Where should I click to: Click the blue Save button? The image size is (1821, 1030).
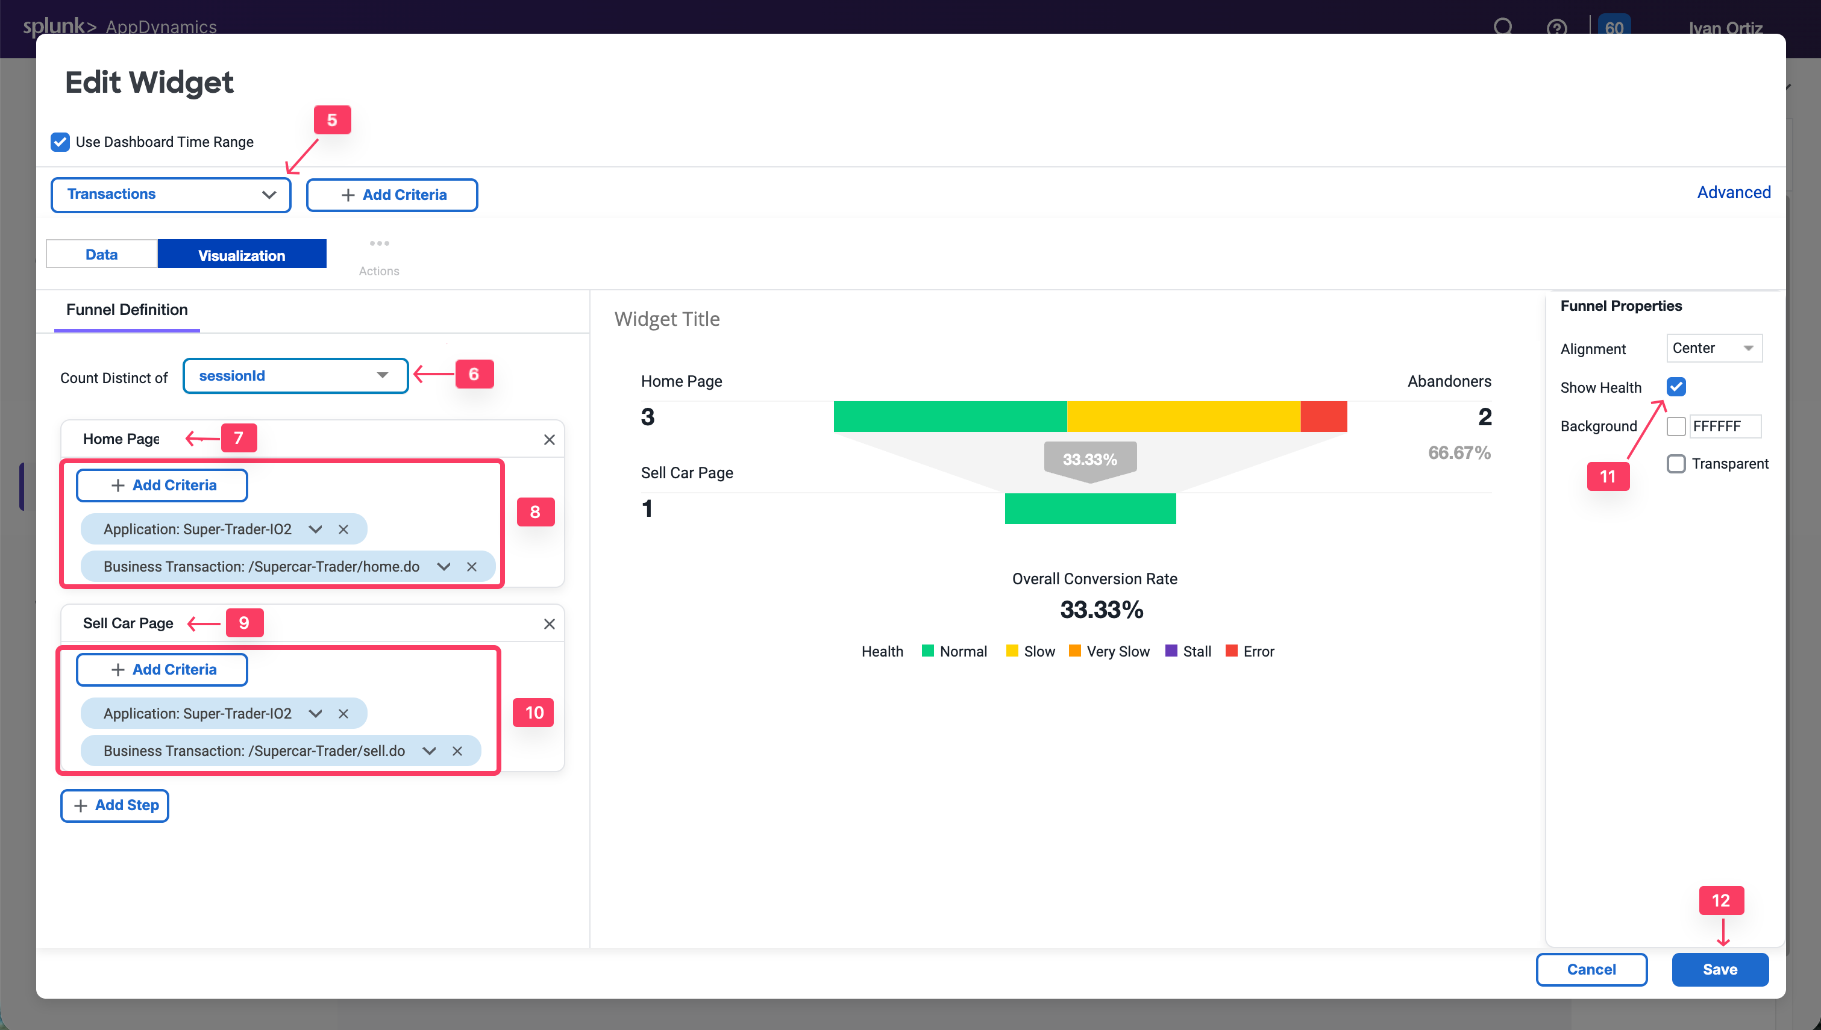point(1719,969)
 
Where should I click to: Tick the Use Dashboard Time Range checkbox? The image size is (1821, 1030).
point(60,142)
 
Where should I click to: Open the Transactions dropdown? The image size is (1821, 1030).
point(171,195)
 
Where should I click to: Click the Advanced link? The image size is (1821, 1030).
point(1733,192)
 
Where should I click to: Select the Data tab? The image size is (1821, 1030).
point(101,255)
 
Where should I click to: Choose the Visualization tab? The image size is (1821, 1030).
point(241,255)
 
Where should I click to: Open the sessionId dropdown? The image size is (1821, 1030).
point(295,376)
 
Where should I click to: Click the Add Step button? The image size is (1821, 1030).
point(114,805)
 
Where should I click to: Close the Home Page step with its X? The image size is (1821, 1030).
point(549,439)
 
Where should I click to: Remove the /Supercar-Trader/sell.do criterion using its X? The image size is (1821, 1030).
point(457,751)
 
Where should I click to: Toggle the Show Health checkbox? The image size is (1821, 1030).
point(1676,387)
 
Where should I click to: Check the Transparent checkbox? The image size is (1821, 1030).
point(1676,464)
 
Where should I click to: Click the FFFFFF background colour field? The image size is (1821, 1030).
point(1723,426)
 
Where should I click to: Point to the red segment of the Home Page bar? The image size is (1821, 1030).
point(1324,417)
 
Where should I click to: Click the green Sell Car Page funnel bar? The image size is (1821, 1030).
point(1090,508)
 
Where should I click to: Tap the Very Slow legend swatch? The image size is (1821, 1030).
point(1074,651)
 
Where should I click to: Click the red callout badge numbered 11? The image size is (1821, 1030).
point(1607,476)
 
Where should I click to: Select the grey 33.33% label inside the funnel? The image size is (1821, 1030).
point(1090,460)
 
